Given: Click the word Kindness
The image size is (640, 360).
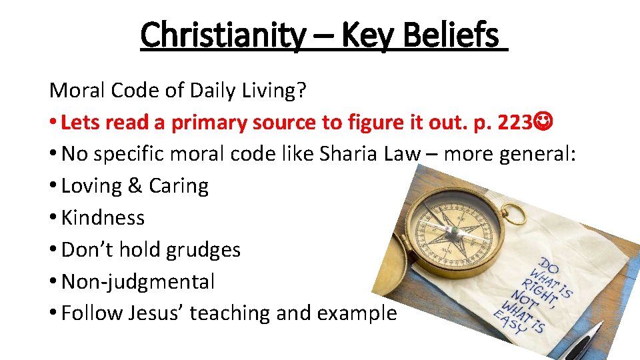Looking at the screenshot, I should click(x=103, y=217).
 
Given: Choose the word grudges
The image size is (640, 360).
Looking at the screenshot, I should click(x=203, y=250).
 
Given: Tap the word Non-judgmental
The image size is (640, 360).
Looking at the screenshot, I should click(x=138, y=282).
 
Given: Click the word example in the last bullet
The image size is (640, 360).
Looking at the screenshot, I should click(x=360, y=313).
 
